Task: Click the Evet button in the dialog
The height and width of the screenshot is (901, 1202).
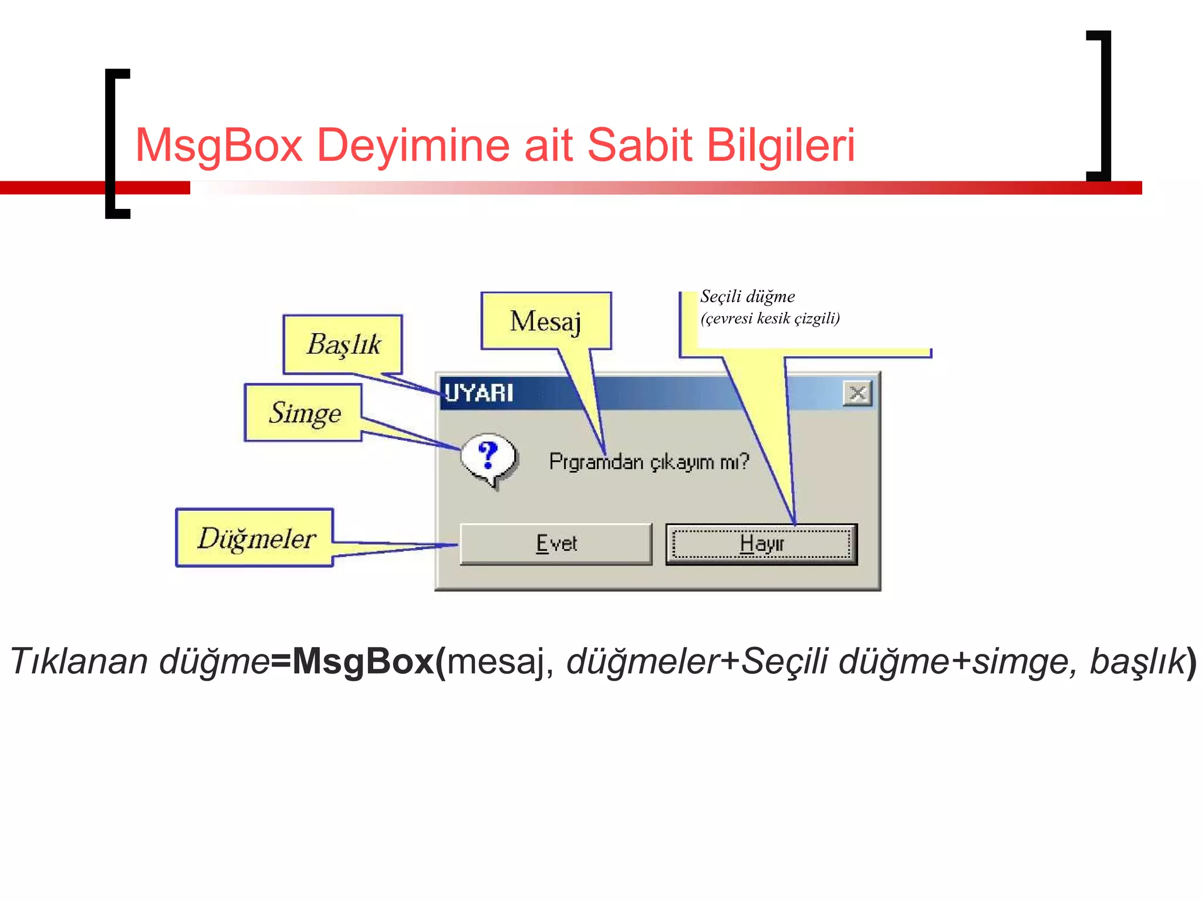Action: [556, 544]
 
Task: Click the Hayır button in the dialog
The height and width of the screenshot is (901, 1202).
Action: [761, 544]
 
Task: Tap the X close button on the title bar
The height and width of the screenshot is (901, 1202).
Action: [857, 393]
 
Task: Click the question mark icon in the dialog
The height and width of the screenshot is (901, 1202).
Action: [488, 458]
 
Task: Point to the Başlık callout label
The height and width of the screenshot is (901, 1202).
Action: [344, 344]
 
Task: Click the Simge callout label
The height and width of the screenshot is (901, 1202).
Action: [305, 413]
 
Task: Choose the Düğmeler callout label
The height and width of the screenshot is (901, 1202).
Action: [256, 538]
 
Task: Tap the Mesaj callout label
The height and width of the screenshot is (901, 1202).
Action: [545, 321]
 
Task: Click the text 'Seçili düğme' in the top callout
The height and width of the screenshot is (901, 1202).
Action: [747, 296]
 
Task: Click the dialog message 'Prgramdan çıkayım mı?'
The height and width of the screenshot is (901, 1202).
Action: [649, 462]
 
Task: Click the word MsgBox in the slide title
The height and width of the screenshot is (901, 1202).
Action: [218, 145]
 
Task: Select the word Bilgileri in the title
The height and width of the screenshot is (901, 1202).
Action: [781, 145]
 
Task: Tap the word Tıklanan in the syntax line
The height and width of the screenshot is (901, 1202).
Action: [79, 661]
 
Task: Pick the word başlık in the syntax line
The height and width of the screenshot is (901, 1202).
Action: [1137, 661]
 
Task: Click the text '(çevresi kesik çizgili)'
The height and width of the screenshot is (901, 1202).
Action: [770, 319]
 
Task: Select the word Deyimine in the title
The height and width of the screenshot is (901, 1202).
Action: [413, 145]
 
